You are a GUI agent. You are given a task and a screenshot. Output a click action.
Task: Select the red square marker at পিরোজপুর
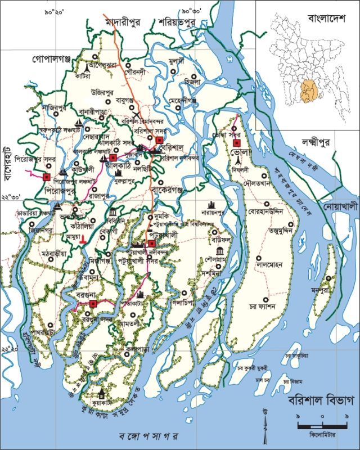[x=47, y=178]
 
